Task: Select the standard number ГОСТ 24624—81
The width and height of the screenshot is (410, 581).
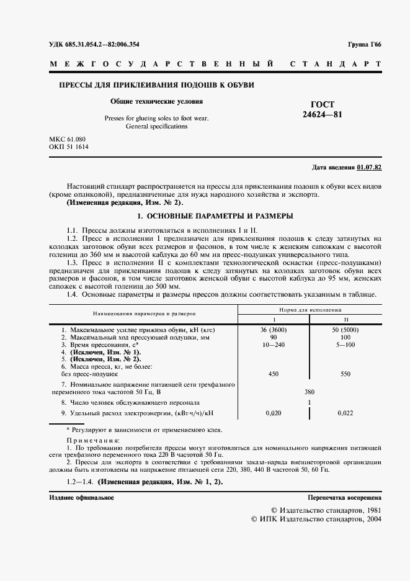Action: click(x=322, y=110)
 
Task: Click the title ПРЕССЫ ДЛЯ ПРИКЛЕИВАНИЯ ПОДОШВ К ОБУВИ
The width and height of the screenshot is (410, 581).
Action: click(x=156, y=84)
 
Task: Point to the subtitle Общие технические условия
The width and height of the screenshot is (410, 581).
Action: click(x=156, y=101)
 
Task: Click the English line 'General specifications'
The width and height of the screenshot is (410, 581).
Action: click(x=156, y=126)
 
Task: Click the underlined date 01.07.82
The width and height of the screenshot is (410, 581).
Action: click(x=370, y=168)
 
